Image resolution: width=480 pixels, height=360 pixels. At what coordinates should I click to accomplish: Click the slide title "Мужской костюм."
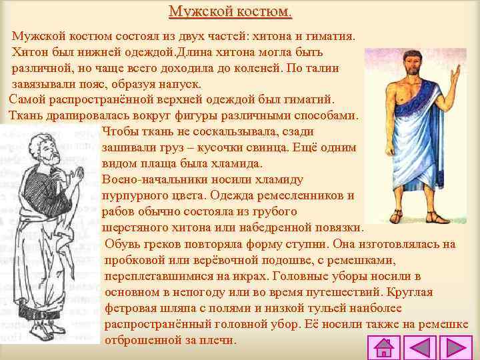click(230, 12)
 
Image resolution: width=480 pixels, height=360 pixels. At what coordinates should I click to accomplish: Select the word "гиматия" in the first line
click(332, 34)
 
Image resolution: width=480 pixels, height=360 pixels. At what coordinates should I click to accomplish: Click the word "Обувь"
click(121, 244)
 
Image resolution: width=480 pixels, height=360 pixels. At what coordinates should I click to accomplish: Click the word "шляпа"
click(177, 308)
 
